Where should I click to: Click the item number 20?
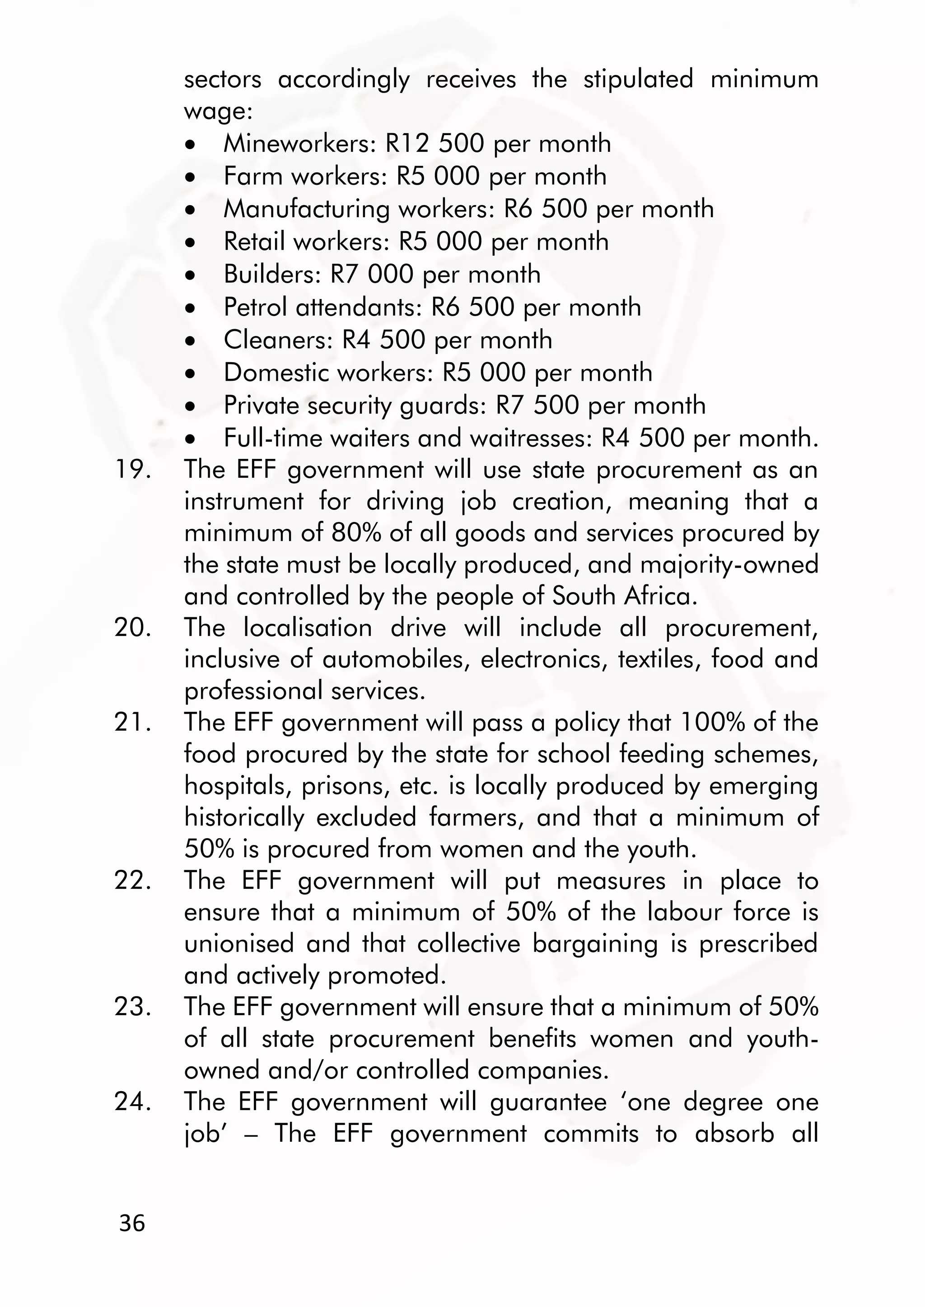point(132,628)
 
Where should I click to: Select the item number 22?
point(132,881)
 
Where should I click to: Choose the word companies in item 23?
point(542,1071)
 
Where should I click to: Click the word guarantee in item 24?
point(548,1102)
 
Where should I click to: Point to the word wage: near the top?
point(218,112)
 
